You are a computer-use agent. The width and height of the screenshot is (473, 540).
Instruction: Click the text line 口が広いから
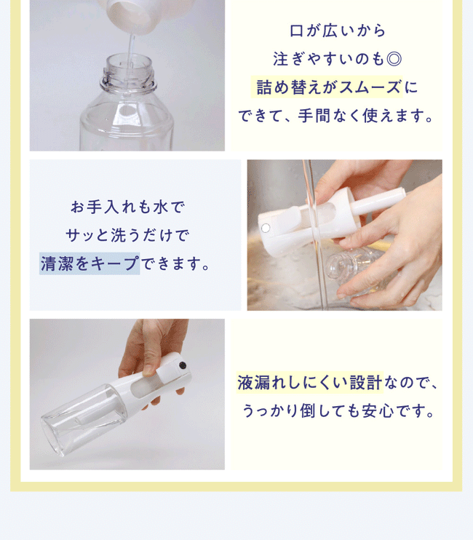[337, 31]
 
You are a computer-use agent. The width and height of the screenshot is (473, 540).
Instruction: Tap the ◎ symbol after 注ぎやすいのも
[394, 59]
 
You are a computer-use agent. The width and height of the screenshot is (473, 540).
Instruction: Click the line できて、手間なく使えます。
[336, 116]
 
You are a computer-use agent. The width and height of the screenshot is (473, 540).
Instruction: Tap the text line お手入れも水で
[128, 207]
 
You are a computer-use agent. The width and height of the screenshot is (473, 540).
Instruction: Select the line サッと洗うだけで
[128, 236]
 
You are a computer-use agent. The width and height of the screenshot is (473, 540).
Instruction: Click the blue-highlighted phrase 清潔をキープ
[90, 263]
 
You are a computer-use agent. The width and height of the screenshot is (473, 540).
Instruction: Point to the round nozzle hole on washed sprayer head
[266, 228]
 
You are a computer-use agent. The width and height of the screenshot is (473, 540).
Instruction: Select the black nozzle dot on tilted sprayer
[182, 366]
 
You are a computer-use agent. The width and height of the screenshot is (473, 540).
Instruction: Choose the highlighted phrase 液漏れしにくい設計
[310, 383]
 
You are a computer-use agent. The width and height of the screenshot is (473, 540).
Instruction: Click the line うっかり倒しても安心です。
[338, 411]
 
